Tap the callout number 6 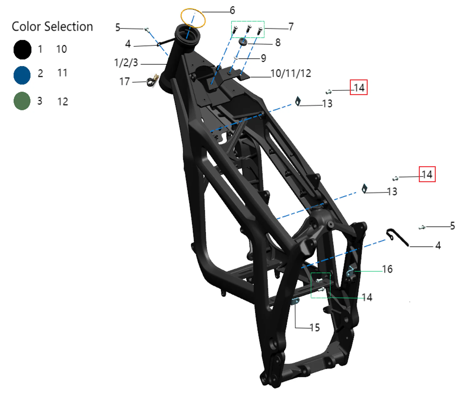(232, 10)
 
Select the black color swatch (22, 50)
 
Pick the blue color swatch (22, 75)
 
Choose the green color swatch (22, 101)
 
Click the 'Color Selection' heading (52, 27)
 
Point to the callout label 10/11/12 (291, 73)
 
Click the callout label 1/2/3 (126, 63)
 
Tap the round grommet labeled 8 (243, 42)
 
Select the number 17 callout (124, 82)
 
